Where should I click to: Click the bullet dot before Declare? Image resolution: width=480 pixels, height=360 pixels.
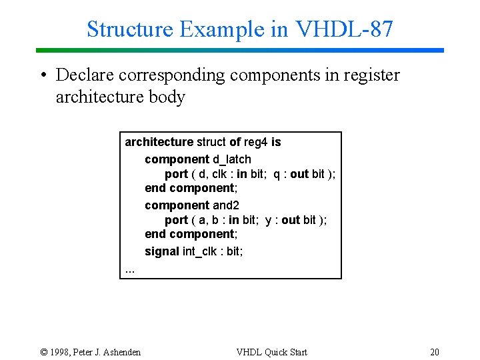pos(42,75)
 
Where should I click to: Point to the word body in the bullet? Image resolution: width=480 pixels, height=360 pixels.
pos(169,97)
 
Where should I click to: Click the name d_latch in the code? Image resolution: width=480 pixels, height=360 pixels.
pos(232,159)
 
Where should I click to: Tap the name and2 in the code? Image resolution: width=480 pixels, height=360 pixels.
pos(226,205)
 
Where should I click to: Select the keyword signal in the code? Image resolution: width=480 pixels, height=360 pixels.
pos(162,251)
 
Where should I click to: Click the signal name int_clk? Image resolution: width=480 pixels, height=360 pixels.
pos(203,251)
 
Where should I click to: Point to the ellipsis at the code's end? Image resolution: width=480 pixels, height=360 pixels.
pos(130,269)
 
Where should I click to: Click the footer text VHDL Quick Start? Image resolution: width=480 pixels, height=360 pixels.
pos(272,352)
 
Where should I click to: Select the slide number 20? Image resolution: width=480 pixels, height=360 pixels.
pos(435,352)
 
